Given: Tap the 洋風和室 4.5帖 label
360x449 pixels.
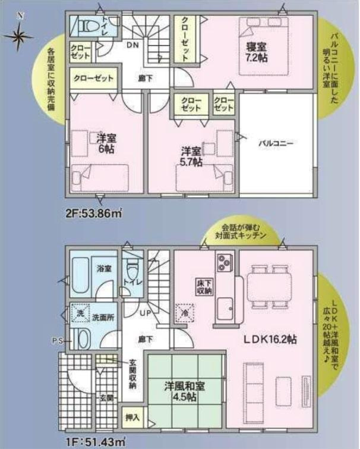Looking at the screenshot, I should point(185,391).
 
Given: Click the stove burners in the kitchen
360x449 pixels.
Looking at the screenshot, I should point(225,262).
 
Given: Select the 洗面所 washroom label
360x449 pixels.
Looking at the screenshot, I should point(103,318).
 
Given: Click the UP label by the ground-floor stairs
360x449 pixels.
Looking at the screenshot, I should point(145,312).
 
